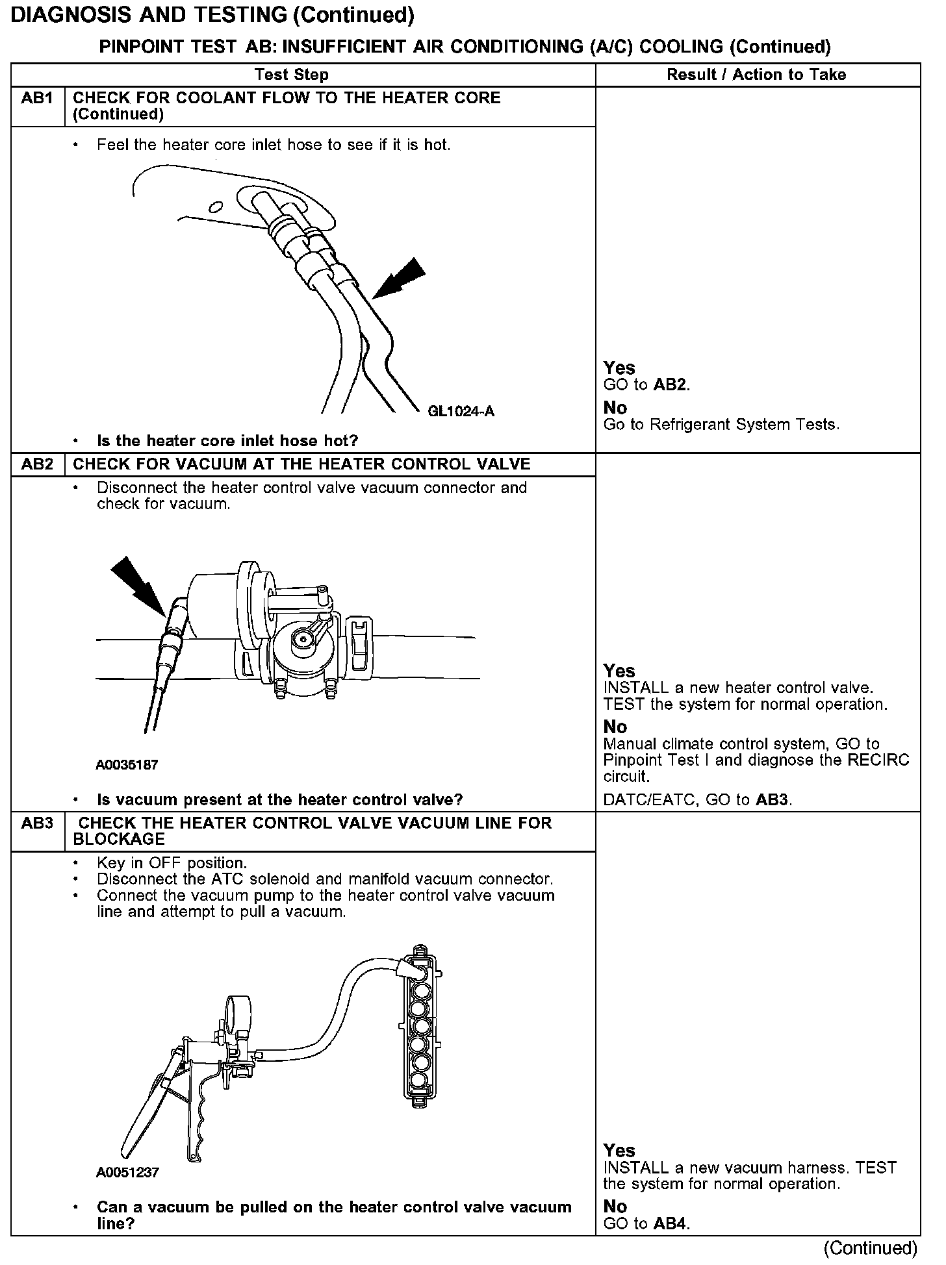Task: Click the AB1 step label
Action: click(x=37, y=99)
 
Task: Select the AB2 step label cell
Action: click(x=37, y=464)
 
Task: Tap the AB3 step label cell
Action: click(x=37, y=823)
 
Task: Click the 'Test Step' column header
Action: click(x=292, y=75)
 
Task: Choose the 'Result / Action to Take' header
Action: click(x=756, y=75)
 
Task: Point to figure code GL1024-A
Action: click(x=461, y=411)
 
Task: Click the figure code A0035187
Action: click(x=127, y=765)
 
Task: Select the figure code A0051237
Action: click(x=127, y=1173)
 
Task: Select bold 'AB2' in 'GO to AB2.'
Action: click(x=669, y=385)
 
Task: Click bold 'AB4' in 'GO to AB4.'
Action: click(x=670, y=1224)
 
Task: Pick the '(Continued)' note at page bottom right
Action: click(x=870, y=1248)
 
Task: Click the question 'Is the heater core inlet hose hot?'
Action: click(x=227, y=441)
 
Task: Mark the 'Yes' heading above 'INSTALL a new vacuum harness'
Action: click(x=619, y=1151)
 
